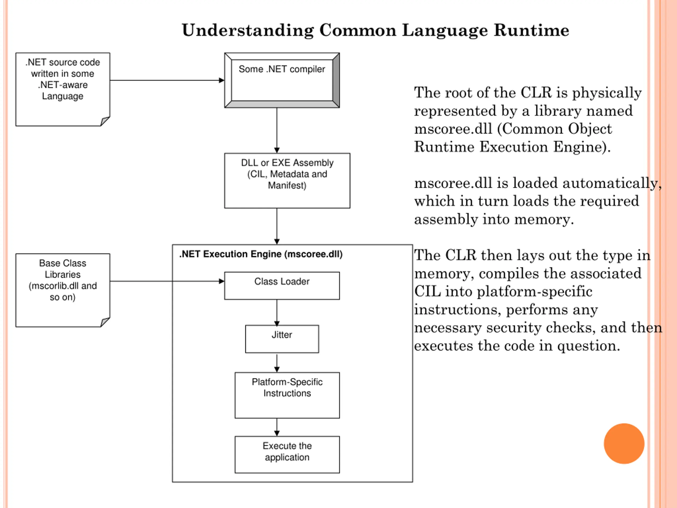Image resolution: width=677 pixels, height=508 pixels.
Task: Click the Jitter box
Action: (282, 339)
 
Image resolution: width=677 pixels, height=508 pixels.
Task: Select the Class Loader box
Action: (282, 286)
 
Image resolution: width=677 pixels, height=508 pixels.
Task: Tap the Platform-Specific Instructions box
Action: (287, 395)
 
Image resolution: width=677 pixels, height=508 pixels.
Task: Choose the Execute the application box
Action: (287, 455)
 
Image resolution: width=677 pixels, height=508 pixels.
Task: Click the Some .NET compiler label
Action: (282, 69)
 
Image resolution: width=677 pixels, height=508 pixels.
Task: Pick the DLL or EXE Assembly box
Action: (287, 181)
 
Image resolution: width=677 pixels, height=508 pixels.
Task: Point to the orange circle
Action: (624, 444)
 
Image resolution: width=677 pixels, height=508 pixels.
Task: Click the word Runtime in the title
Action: (531, 30)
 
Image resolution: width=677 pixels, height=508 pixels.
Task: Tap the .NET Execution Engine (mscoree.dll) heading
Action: (261, 254)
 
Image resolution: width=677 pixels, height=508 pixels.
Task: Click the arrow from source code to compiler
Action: (167, 80)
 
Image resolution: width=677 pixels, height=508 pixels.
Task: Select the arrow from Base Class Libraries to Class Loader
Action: (167, 281)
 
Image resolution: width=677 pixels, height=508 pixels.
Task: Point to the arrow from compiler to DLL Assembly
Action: (277, 130)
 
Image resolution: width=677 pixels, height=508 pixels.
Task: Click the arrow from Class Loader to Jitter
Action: (277, 312)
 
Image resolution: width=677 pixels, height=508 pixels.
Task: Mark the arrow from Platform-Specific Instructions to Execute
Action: (277, 427)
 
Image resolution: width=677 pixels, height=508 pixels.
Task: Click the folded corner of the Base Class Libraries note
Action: (105, 322)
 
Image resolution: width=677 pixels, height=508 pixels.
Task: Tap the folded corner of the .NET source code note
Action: (105, 121)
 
